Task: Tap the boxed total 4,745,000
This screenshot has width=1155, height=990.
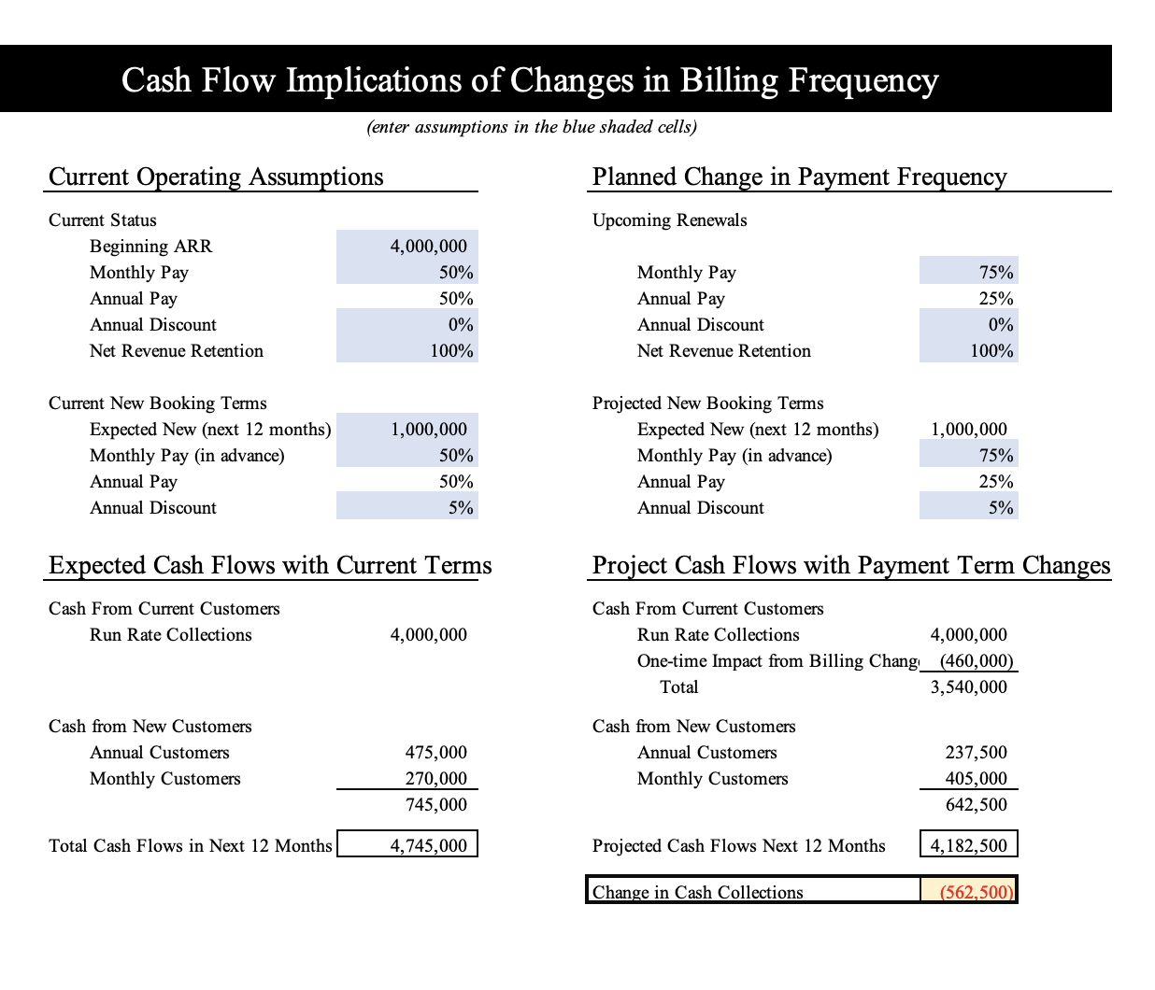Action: pos(429,845)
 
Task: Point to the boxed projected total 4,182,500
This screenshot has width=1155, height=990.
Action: pos(968,845)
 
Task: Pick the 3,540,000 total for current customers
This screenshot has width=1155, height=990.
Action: pos(968,686)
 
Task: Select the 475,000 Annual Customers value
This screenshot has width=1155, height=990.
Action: pos(435,752)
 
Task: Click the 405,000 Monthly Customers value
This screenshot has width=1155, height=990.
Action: pos(976,778)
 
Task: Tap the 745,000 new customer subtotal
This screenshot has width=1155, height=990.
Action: pos(435,805)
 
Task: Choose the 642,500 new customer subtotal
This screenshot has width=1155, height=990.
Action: pos(976,805)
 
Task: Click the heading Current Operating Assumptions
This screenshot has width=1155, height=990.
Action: pos(216,177)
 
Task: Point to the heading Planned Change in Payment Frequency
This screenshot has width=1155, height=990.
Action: pos(799,177)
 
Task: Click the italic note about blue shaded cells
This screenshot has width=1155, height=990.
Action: pos(532,127)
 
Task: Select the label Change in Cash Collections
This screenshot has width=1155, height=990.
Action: pos(697,892)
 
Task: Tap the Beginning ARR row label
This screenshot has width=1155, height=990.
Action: pos(150,247)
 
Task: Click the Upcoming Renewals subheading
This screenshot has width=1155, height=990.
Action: pos(669,220)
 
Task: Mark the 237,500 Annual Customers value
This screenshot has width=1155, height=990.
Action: pos(976,752)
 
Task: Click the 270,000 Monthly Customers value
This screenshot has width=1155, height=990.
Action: pos(435,778)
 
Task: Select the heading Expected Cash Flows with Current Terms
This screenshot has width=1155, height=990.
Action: pos(270,565)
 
